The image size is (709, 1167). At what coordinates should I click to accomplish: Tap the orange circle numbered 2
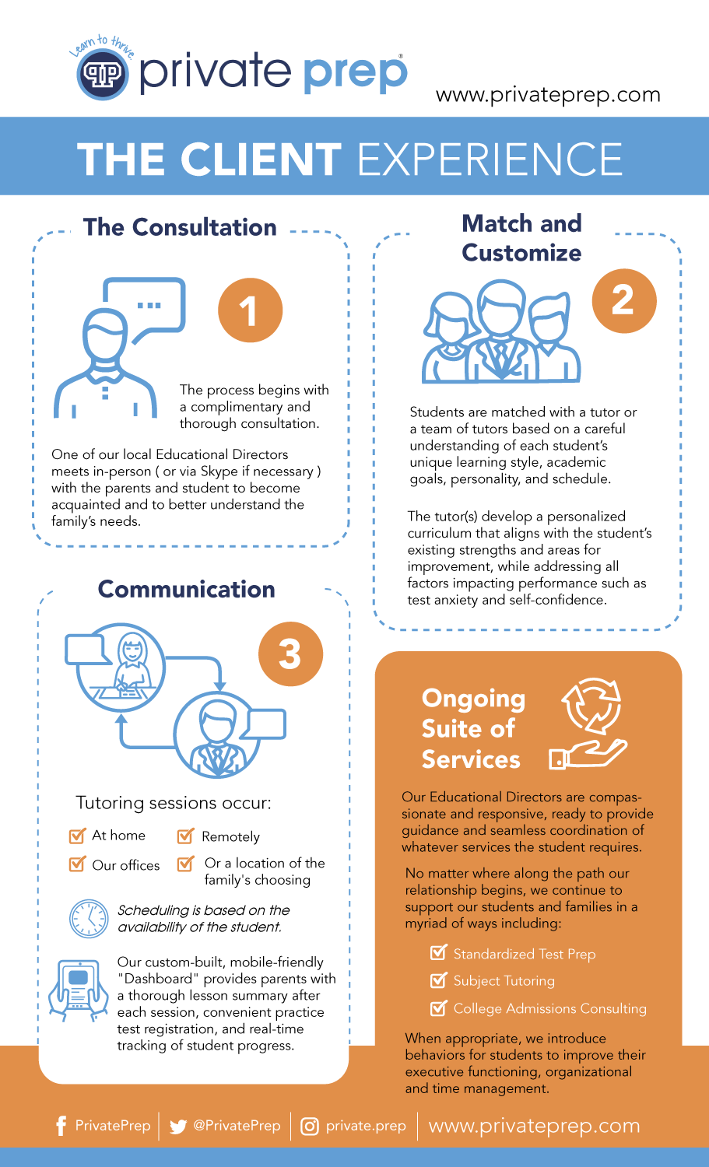click(x=624, y=300)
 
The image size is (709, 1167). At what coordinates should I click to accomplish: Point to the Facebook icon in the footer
click(x=61, y=1126)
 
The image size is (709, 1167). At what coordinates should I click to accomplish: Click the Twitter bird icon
click(x=178, y=1127)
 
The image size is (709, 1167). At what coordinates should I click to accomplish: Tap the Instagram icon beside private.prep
click(x=310, y=1127)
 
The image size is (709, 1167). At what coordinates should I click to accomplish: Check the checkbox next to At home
click(x=77, y=836)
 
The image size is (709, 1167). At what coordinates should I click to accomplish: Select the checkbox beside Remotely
click(x=185, y=837)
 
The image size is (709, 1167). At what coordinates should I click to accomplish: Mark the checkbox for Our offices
click(x=77, y=864)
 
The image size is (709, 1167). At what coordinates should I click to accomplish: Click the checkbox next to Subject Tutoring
click(x=439, y=981)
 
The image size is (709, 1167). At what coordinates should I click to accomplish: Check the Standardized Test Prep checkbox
click(x=439, y=953)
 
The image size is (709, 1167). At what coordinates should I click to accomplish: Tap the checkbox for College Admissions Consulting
click(x=439, y=1008)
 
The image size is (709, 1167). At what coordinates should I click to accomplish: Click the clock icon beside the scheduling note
click(x=89, y=919)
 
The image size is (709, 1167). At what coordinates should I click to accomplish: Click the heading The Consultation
click(x=180, y=227)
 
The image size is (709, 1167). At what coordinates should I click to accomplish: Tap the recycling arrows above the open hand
click(x=591, y=707)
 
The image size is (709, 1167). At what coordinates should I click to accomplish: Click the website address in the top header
click(x=548, y=95)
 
